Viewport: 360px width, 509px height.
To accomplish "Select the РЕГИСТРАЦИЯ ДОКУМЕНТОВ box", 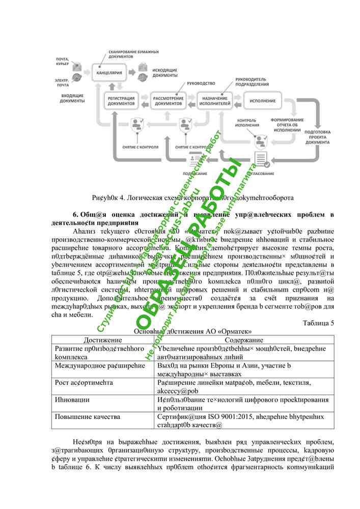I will click(121, 101).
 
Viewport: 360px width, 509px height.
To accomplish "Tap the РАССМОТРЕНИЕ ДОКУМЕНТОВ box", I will click(169, 101).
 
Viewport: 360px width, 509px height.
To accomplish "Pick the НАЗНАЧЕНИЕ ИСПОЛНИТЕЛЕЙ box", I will click(214, 101).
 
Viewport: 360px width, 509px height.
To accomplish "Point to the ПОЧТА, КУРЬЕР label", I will click(63, 62).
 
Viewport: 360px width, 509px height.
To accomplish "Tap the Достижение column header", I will click(102, 339).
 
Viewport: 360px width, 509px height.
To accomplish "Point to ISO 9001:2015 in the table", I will click(219, 416).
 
